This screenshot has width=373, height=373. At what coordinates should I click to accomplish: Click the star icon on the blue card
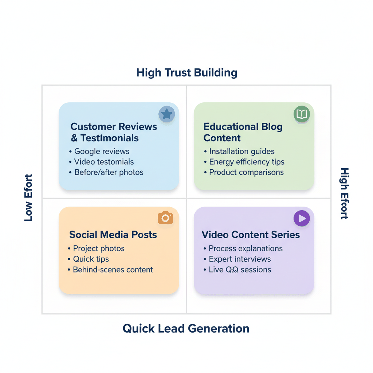coord(166,114)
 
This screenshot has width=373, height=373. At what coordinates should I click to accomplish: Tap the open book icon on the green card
coord(302,114)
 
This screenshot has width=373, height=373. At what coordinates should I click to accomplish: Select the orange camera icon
coord(165,218)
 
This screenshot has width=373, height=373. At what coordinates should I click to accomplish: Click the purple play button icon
coord(302,218)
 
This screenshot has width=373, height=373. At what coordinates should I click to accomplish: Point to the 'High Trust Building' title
coord(186,72)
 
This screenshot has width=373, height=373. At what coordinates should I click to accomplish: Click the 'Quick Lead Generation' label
coord(186,328)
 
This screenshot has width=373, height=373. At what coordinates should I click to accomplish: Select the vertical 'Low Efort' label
coord(28,198)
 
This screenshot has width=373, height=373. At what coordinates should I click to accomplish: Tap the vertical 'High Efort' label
coord(344,193)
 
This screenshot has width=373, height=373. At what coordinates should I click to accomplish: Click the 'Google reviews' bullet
coord(102,152)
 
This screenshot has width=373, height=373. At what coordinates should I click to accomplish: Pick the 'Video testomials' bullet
coord(104,162)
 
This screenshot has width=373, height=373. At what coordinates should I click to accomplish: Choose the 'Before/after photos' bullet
coord(109,172)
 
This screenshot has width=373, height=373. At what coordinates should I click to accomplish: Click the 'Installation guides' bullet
coord(242,152)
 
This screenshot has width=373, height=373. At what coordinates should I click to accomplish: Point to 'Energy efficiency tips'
coord(247,162)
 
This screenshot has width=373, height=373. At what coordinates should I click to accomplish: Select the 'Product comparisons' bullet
coord(246,172)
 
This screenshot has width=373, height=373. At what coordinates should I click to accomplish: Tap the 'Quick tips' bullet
coord(91,259)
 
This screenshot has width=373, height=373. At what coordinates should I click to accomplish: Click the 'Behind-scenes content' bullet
coord(113,270)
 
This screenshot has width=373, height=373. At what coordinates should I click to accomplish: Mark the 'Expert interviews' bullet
coord(240,259)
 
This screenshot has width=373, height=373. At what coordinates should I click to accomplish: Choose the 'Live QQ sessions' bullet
coord(240,270)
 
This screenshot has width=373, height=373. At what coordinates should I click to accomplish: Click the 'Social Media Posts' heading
coord(113,235)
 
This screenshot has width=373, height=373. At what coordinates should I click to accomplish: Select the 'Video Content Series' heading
coord(251,235)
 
